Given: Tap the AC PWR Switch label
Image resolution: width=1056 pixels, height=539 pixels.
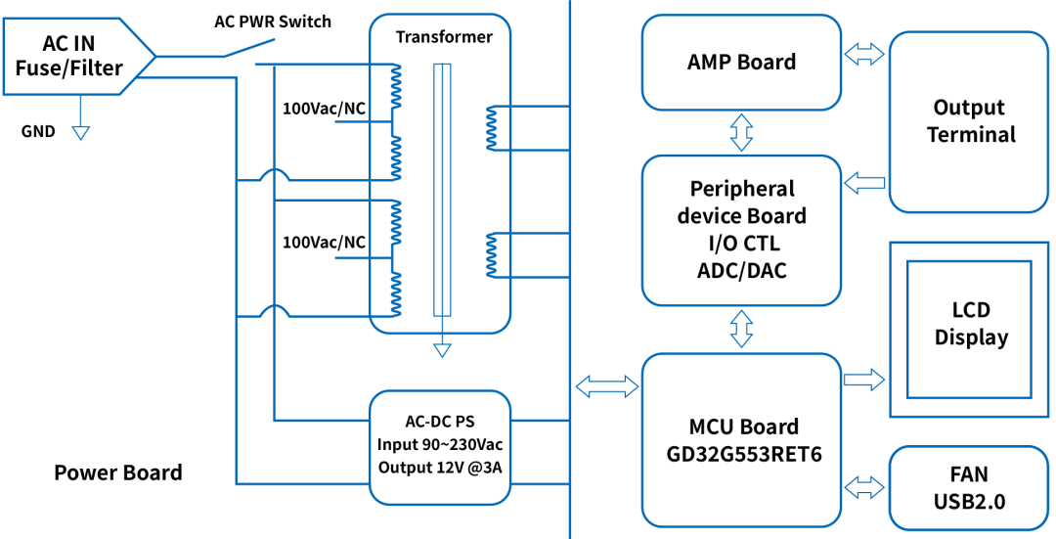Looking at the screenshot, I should (x=273, y=21).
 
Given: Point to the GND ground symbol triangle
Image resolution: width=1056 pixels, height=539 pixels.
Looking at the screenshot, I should (x=80, y=132).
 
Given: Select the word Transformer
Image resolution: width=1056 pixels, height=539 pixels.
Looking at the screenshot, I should (x=444, y=37).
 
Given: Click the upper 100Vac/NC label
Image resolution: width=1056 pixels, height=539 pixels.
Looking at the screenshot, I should (x=324, y=109).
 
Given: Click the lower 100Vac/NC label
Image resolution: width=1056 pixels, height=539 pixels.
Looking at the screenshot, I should (x=324, y=242).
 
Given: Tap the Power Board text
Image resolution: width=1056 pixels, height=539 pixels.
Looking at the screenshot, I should (x=118, y=473).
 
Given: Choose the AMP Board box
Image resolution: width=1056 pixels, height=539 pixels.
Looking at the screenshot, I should (x=741, y=63).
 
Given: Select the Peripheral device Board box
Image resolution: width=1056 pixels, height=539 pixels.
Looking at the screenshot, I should (x=741, y=230).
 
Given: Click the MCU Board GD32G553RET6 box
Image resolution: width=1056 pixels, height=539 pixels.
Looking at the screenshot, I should (x=741, y=440).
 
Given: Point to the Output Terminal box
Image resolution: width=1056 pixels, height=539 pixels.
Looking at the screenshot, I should (x=968, y=121).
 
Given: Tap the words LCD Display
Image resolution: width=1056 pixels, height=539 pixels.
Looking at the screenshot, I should (x=970, y=324).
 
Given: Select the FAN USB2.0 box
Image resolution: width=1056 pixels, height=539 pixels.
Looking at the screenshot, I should (x=968, y=488).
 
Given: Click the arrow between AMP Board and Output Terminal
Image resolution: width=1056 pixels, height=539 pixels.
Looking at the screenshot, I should (x=864, y=56).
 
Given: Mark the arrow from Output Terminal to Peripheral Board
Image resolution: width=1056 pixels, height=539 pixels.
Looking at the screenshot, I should (x=864, y=181).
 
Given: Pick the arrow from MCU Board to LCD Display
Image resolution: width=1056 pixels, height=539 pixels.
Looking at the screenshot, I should (x=864, y=379).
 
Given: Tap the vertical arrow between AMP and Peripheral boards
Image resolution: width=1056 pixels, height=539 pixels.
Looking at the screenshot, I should (x=741, y=132).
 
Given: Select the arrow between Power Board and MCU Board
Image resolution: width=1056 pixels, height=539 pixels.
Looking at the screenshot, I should (x=606, y=386).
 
